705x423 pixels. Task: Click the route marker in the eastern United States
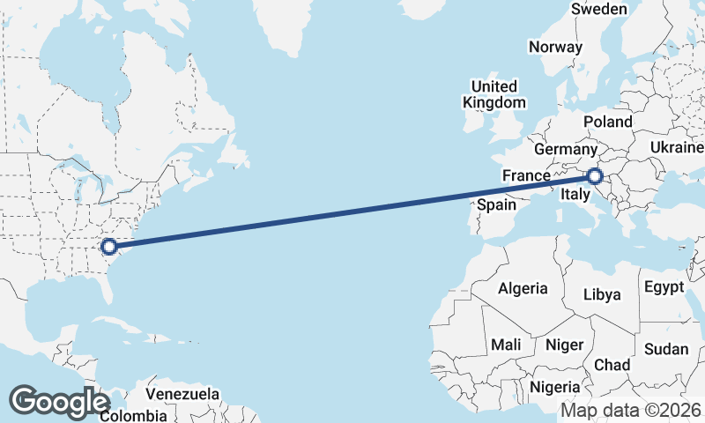click(x=109, y=247)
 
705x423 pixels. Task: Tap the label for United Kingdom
click(x=493, y=94)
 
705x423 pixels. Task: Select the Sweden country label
click(x=599, y=9)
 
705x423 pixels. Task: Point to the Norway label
click(x=555, y=47)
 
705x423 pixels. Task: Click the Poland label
click(x=607, y=122)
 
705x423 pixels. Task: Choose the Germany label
click(x=565, y=150)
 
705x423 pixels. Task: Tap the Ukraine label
click(x=676, y=146)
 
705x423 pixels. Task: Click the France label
click(x=527, y=176)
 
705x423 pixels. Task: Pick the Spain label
click(x=496, y=204)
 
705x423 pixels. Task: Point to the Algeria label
click(x=523, y=288)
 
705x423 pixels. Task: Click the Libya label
click(x=603, y=293)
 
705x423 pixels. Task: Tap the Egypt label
click(x=664, y=287)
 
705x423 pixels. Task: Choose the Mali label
click(x=507, y=345)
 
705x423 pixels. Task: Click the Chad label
click(x=612, y=365)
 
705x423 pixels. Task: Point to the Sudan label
click(x=665, y=349)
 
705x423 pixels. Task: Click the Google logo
click(x=59, y=402)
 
